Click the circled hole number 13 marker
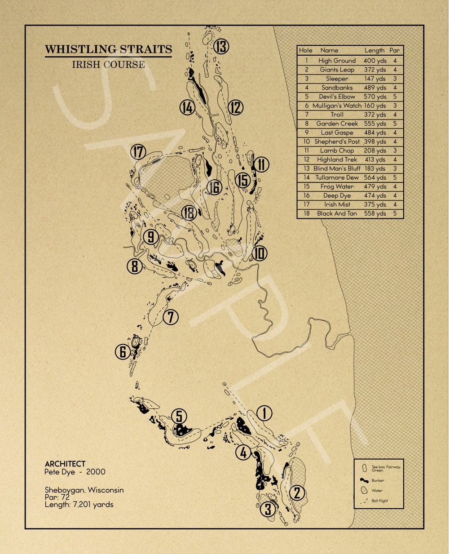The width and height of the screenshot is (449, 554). point(221,46)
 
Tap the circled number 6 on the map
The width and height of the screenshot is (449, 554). point(123,351)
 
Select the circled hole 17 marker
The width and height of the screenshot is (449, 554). point(138,152)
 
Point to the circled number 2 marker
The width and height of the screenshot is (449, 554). point(297,493)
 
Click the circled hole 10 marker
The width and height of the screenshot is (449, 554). point(259,253)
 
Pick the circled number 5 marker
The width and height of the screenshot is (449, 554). point(179,417)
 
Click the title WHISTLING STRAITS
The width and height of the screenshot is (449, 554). point(108,49)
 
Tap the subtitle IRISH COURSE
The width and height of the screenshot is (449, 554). point(108,64)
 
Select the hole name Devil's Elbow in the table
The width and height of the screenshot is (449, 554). point(337,97)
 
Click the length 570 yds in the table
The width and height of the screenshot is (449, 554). point(375,97)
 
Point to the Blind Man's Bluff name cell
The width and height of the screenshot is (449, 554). point(337,168)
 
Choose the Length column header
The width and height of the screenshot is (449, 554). point(374,50)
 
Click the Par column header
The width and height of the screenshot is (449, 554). point(395,50)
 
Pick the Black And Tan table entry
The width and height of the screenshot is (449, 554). point(337,213)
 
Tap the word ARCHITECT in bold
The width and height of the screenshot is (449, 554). point(65,464)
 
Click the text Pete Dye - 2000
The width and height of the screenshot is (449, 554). point(75,472)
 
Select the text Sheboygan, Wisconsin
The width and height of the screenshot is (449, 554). point(84,490)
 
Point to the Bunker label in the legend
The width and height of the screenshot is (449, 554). point(378,480)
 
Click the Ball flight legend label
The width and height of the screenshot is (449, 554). point(380,501)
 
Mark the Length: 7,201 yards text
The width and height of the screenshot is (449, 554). point(79,505)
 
